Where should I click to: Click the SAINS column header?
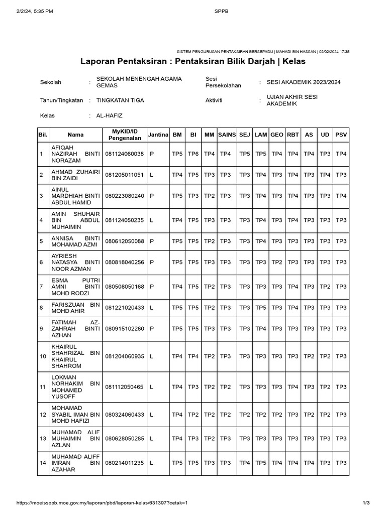click(227, 135)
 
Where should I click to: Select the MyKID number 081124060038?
click(124, 154)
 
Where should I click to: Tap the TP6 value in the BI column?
click(193, 154)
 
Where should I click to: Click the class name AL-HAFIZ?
click(109, 115)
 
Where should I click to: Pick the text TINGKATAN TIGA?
click(120, 100)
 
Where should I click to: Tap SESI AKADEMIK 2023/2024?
click(303, 82)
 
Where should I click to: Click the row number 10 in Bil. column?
click(42, 356)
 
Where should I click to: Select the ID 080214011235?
click(124, 463)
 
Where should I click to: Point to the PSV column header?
click(341, 135)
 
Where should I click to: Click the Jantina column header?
click(158, 135)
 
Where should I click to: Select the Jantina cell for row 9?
click(151, 329)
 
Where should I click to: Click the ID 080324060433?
click(124, 415)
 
